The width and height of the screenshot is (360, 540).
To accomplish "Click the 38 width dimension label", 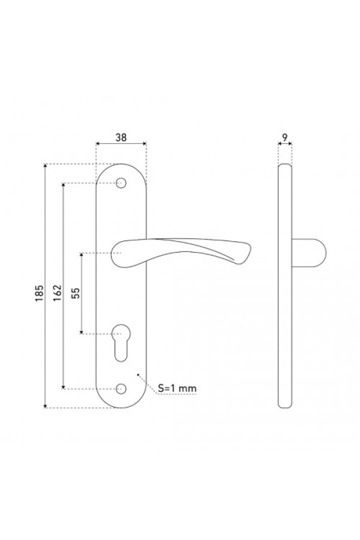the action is tap(121, 137).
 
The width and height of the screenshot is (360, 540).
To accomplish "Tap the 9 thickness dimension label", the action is tap(284, 137).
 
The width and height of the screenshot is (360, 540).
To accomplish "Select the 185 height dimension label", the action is tap(40, 293).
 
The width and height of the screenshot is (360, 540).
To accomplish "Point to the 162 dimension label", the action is tap(58, 293).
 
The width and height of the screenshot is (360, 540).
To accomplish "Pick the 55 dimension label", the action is tap(76, 292).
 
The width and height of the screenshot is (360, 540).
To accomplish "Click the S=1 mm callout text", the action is tap(177, 388).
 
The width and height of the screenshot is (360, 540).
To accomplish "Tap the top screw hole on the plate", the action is tap(121, 183).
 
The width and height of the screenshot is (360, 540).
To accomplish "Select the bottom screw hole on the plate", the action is tap(121, 389).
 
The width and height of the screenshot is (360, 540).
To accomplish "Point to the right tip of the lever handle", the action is tap(251, 246).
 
